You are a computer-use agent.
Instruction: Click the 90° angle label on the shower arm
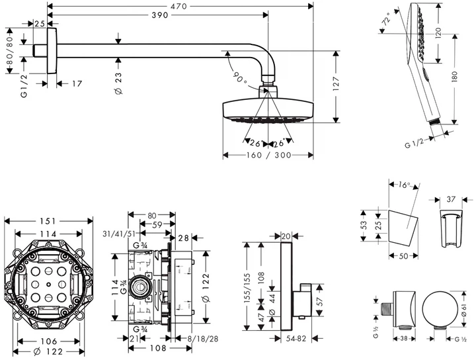tap(239, 76)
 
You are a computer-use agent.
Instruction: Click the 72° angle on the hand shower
tap(387, 21)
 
